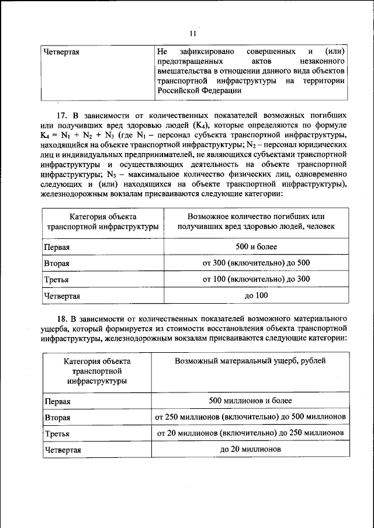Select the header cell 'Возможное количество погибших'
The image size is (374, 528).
252,216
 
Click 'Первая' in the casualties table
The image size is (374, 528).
57,247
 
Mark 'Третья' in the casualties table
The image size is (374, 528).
57,280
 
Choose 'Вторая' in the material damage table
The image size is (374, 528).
57,418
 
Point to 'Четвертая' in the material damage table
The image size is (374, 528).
62,450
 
